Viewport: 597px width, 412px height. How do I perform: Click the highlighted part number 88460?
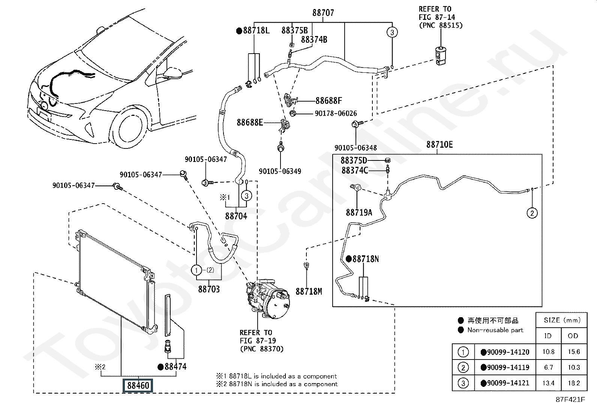tap(138, 385)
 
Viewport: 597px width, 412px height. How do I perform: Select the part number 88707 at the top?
tap(323, 12)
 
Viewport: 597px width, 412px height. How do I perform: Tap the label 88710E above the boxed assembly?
tap(439, 144)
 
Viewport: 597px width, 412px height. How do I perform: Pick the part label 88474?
tap(175, 367)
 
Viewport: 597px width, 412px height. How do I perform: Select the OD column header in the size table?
tap(573, 336)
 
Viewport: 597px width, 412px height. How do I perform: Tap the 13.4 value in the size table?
tap(548, 383)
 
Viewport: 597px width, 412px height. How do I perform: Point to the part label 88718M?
tap(309, 291)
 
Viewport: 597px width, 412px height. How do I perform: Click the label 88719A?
tap(359, 213)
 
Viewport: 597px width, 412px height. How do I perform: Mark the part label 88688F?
tap(329, 100)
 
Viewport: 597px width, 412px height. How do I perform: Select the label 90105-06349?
tap(280, 171)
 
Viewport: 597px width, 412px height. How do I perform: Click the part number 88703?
tap(209, 289)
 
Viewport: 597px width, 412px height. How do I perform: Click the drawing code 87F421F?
tap(570, 399)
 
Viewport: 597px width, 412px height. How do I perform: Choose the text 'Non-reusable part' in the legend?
tap(495, 330)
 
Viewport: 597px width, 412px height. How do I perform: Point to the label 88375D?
tap(354, 160)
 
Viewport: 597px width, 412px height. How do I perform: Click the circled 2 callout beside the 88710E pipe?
tap(532, 213)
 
